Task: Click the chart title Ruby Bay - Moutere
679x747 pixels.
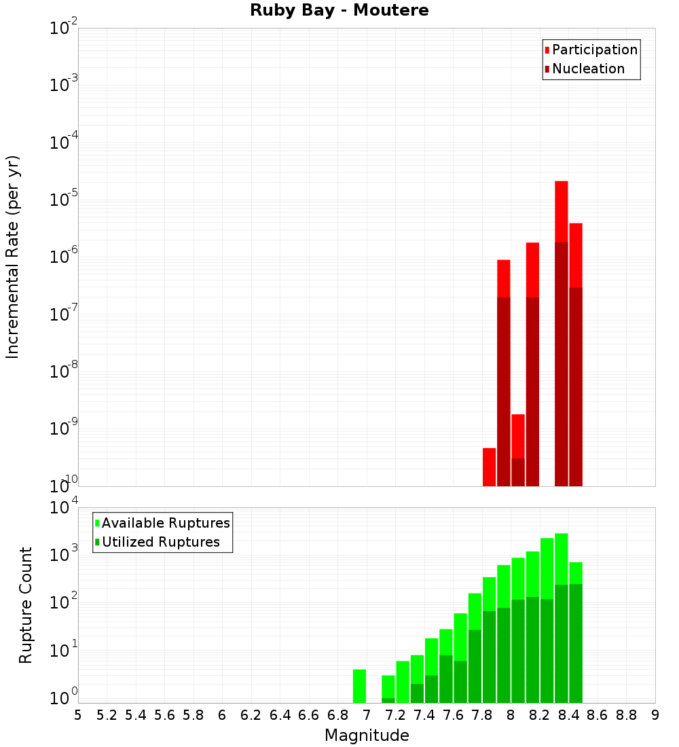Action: [339, 11]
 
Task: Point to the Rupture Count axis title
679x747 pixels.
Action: [26, 605]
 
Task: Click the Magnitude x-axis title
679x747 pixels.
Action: [367, 735]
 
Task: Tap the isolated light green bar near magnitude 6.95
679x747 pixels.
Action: [359, 686]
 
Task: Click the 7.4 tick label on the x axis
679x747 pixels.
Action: [424, 715]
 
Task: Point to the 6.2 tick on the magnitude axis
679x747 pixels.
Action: [251, 715]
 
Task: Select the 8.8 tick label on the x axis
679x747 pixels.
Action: [626, 715]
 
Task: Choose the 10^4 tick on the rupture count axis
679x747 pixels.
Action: [63, 507]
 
